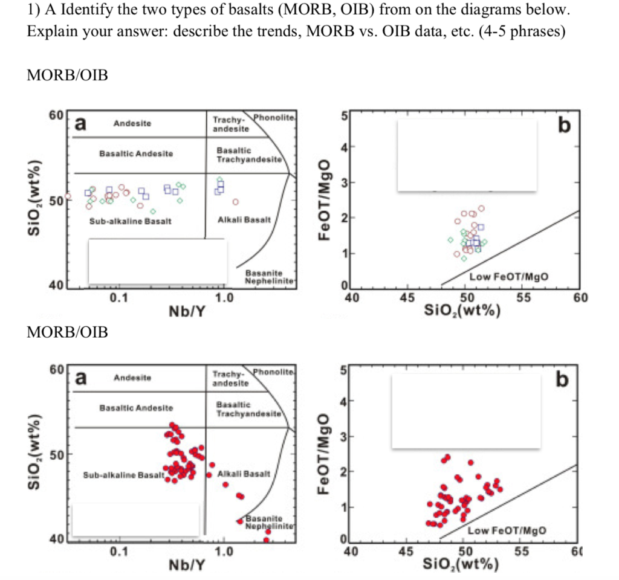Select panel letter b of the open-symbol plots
pos(564,126)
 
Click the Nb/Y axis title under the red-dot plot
pos(186,566)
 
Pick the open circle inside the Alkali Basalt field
pos(236,202)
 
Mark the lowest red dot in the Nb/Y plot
pos(267,540)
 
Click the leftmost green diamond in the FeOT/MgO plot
pos(450,240)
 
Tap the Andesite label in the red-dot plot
pos(132,378)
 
